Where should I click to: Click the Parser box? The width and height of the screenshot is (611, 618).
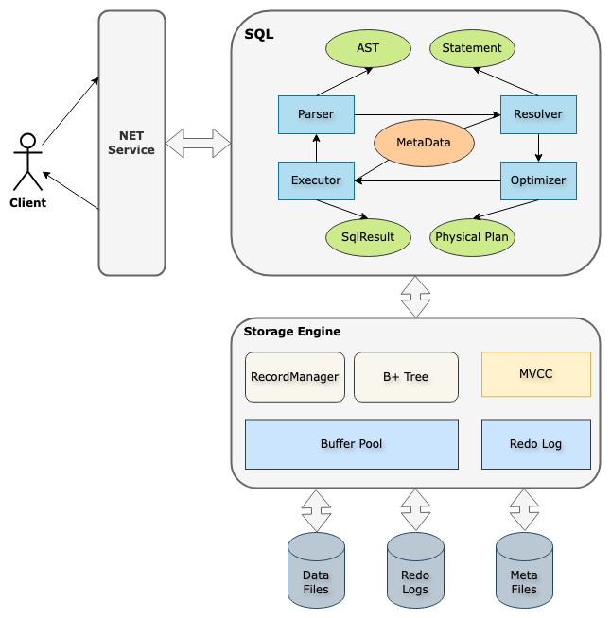(x=316, y=114)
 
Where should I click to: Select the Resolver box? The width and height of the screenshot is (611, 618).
(x=538, y=114)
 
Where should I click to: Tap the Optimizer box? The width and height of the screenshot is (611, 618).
(x=538, y=180)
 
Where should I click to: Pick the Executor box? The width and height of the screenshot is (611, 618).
(x=316, y=180)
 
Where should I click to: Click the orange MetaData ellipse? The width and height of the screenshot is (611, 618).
(x=423, y=143)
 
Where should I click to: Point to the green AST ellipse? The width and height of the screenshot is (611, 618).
(x=368, y=48)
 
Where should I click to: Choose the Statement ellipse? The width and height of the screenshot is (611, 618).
(x=472, y=48)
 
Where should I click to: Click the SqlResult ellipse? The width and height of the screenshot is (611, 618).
(x=368, y=237)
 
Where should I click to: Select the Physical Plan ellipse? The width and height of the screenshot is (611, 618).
(x=472, y=237)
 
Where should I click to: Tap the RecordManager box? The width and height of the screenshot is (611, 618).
(x=294, y=377)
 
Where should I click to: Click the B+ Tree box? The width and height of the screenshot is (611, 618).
(x=406, y=377)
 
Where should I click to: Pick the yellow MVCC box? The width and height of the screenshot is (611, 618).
(x=536, y=374)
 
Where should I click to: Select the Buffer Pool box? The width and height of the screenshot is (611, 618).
(x=351, y=444)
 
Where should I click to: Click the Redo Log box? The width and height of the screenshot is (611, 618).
(x=536, y=444)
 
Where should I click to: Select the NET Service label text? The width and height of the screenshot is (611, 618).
(x=131, y=143)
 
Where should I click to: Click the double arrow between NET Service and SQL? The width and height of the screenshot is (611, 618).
(x=198, y=143)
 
